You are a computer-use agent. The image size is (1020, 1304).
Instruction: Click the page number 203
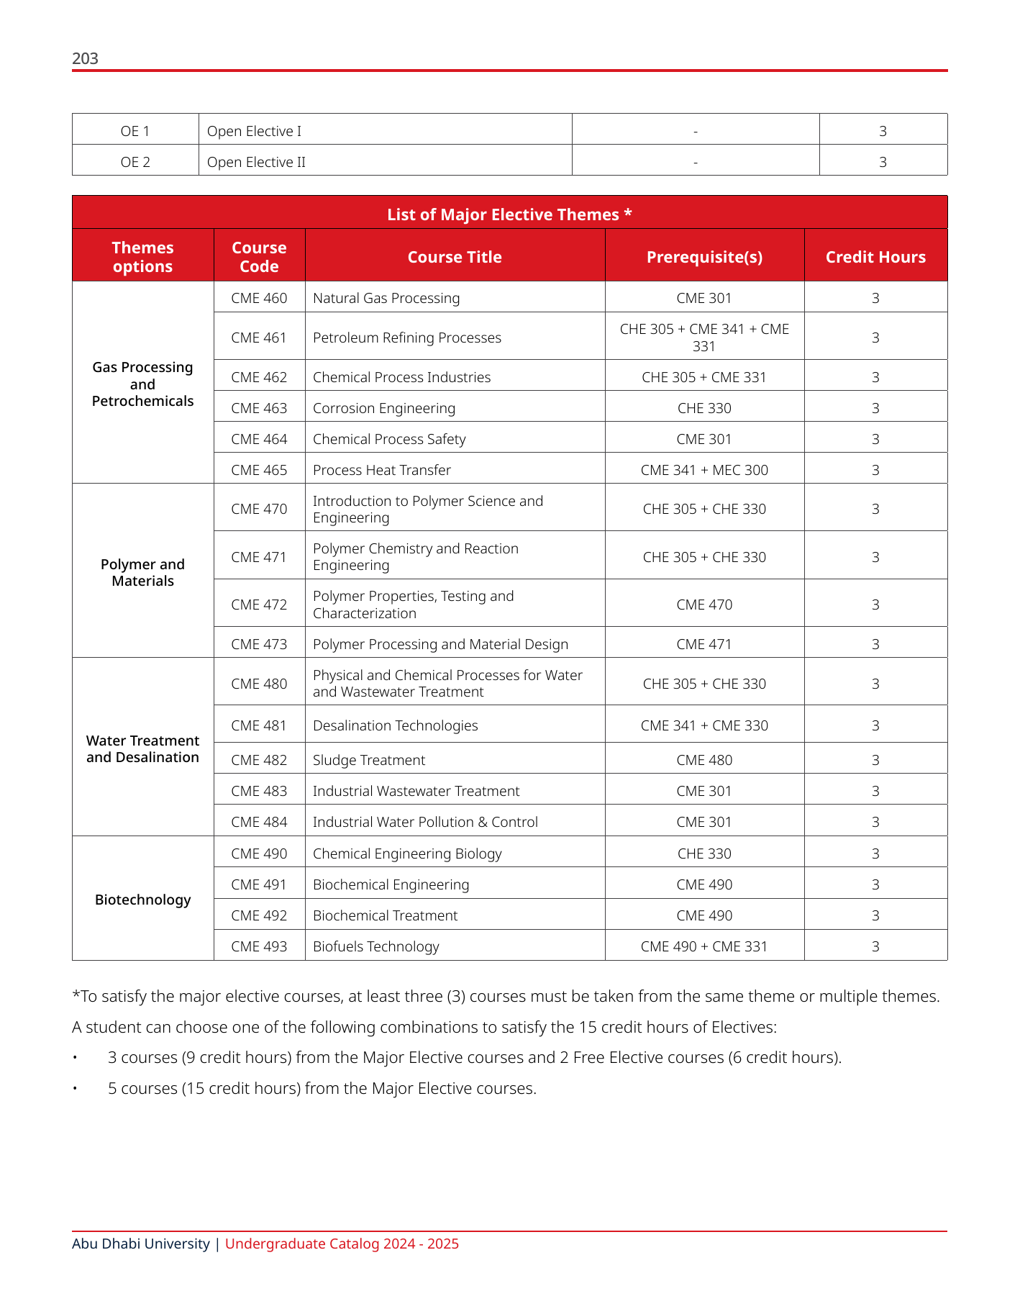pyautogui.click(x=85, y=58)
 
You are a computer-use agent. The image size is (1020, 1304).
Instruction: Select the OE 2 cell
pyautogui.click(x=135, y=162)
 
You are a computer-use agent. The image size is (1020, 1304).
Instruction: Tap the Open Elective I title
pyautogui.click(x=254, y=131)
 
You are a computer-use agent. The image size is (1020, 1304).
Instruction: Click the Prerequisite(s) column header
pyautogui.click(x=704, y=257)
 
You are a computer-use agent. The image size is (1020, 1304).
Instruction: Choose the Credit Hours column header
pyautogui.click(x=875, y=257)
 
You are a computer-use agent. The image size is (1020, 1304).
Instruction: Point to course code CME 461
pyautogui.click(x=259, y=338)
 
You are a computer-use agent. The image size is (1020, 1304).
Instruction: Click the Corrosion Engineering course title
pyautogui.click(x=384, y=408)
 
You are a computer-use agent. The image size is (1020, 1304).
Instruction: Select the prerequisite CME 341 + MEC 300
pyautogui.click(x=704, y=470)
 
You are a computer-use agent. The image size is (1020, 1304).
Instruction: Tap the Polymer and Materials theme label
pyautogui.click(x=142, y=572)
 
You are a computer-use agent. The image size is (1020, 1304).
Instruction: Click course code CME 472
pyautogui.click(x=259, y=605)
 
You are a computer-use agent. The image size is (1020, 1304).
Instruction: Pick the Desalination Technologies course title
pyautogui.click(x=395, y=725)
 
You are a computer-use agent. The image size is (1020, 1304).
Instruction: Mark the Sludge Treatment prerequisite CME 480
pyautogui.click(x=704, y=760)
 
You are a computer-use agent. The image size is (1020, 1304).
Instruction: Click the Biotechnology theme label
pyautogui.click(x=142, y=900)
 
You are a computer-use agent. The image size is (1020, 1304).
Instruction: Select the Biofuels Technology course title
pyautogui.click(x=375, y=946)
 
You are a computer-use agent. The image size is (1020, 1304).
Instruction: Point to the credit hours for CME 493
pyautogui.click(x=875, y=946)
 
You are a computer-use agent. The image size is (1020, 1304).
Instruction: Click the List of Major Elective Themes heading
pyautogui.click(x=509, y=214)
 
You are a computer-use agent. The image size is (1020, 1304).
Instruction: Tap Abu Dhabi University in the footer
pyautogui.click(x=140, y=1244)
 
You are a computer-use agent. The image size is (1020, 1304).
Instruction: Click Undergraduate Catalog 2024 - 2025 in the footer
pyautogui.click(x=342, y=1244)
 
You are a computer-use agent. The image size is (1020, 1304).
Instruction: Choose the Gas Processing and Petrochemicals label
pyautogui.click(x=142, y=384)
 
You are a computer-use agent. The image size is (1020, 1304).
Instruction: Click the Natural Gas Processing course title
pyautogui.click(x=386, y=298)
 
